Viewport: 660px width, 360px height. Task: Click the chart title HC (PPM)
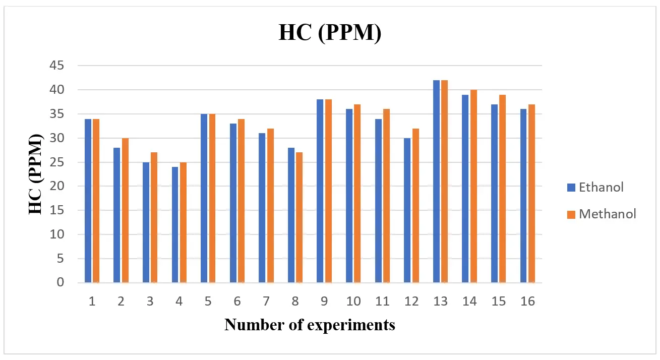pos(330,33)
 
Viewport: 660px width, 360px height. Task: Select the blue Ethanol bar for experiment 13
pos(436,182)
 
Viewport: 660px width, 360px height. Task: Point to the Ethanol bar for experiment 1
pos(88,201)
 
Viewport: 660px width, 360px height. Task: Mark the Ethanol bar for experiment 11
pos(378,201)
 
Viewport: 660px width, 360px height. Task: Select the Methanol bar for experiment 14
pos(473,187)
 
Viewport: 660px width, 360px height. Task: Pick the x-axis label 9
pos(324,302)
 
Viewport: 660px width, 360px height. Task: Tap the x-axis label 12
pos(411,302)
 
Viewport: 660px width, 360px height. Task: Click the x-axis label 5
pos(208,302)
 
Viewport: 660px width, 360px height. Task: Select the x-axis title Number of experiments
pos(310,325)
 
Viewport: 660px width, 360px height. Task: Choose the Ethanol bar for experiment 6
pos(233,203)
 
